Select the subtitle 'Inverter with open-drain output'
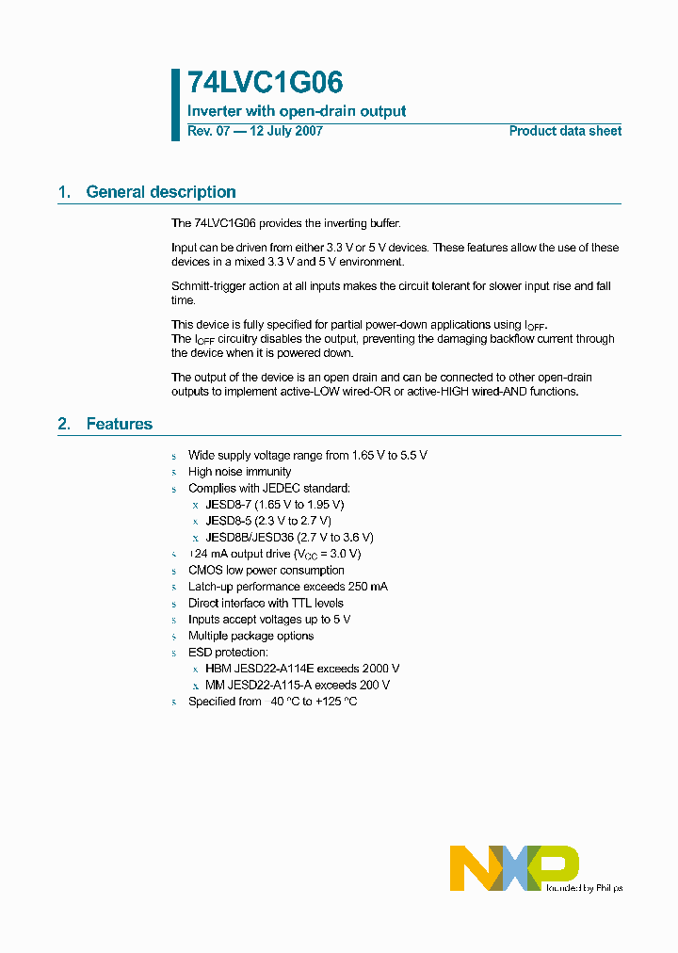[297, 111]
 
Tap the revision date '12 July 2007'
[285, 131]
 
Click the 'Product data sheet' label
[565, 131]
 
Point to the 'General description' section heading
[160, 192]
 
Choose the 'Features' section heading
[119, 424]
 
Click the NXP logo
[513, 867]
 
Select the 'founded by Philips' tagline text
[585, 887]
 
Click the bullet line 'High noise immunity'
[239, 472]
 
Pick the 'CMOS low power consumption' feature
[266, 571]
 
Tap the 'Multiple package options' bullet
[250, 637]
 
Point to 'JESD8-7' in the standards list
[227, 505]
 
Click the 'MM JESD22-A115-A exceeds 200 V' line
[297, 686]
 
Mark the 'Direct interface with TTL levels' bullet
[266, 604]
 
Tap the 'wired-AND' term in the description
[490, 392]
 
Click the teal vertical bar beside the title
[175, 105]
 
